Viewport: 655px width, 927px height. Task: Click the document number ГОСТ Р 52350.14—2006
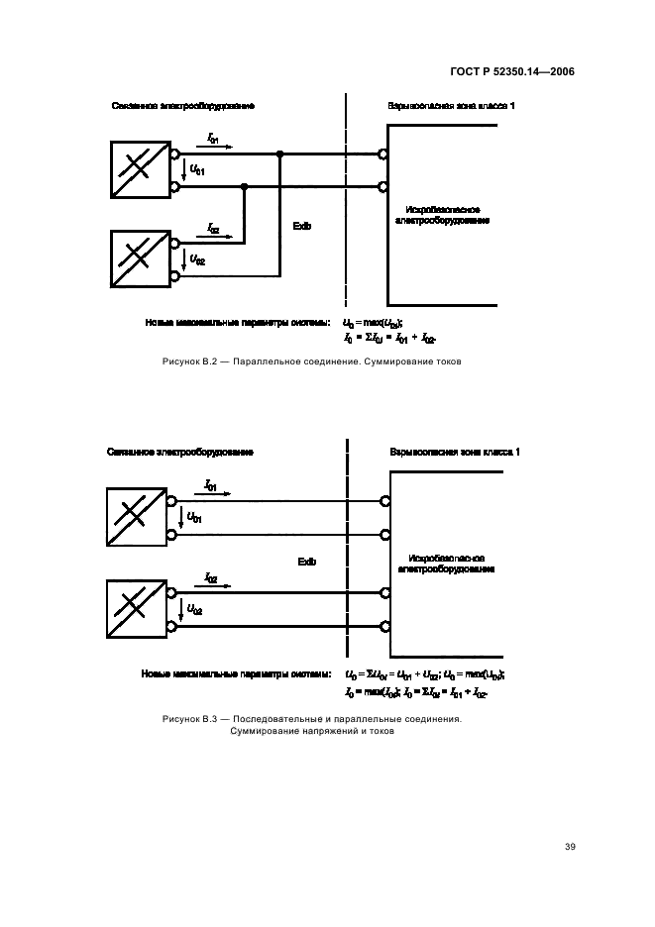[518, 72]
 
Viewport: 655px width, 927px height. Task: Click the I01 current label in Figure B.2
[214, 141]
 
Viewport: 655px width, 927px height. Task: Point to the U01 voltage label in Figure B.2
[197, 170]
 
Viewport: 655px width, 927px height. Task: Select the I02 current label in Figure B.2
[214, 228]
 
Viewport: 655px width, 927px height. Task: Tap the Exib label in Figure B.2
[302, 226]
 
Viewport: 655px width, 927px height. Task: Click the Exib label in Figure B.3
[307, 562]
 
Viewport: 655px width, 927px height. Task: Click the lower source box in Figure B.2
[140, 258]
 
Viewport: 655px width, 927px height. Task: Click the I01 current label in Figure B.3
[211, 485]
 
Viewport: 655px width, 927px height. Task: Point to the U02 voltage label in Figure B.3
[195, 611]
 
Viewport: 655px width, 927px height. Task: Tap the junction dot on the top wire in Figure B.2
[280, 154]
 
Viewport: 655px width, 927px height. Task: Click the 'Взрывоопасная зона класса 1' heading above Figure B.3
[455, 452]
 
